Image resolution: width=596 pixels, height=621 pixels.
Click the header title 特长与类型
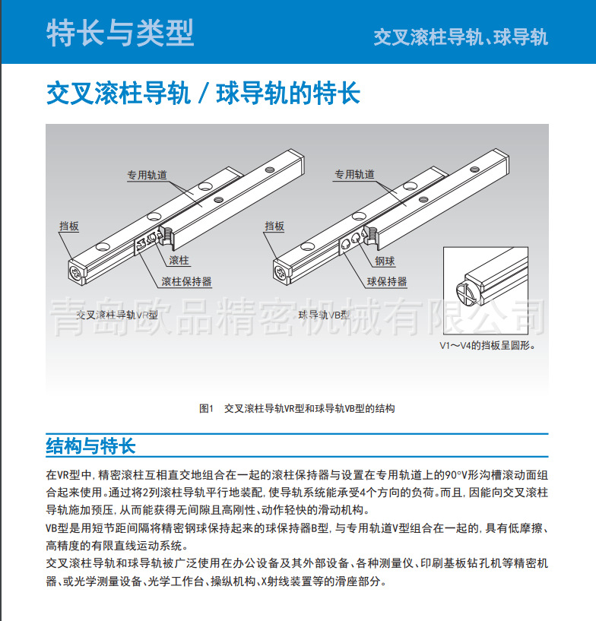(120, 33)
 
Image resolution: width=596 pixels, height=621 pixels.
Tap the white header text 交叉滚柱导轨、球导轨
(460, 37)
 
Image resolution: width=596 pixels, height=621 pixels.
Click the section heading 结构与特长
(90, 445)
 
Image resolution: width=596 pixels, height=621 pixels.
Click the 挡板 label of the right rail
(274, 226)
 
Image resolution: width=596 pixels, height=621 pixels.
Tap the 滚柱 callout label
(179, 261)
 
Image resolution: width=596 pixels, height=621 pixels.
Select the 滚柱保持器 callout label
(186, 281)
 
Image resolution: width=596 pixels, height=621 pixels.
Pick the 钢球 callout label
(385, 261)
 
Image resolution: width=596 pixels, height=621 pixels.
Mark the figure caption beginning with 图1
(296, 408)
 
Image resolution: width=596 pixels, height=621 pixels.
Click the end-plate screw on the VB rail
(281, 270)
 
